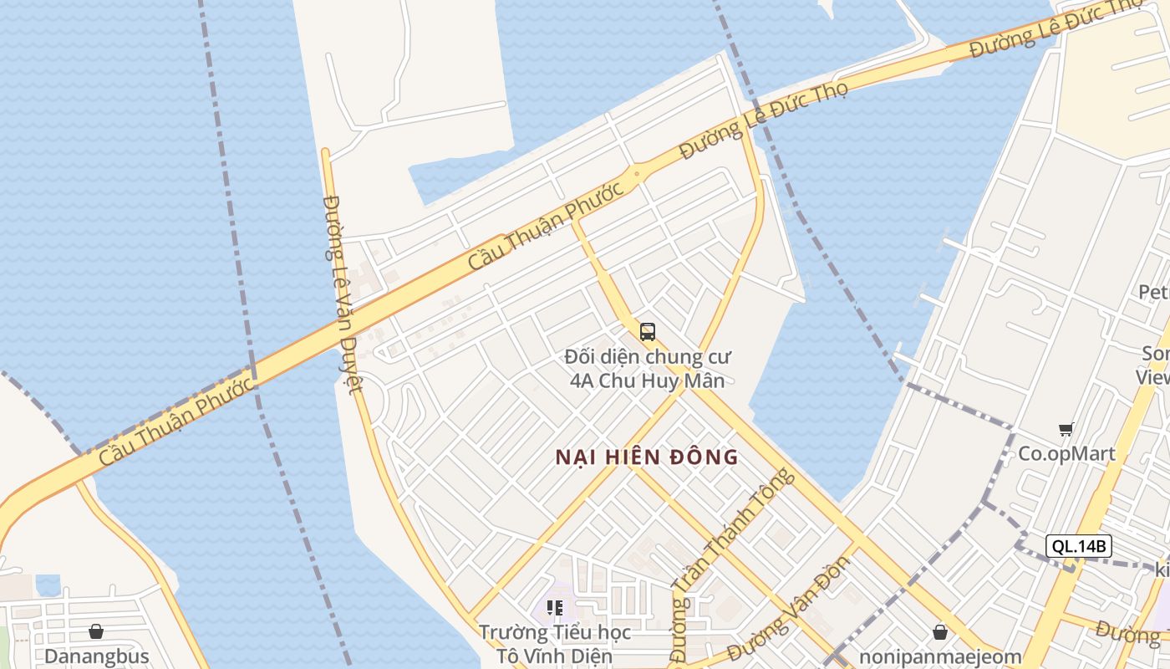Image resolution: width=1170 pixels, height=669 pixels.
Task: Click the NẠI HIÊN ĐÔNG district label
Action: pos(647,457)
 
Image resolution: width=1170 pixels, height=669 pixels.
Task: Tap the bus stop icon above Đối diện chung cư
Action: pos(648,332)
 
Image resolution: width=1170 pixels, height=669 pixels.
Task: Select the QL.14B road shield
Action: pos(1079,546)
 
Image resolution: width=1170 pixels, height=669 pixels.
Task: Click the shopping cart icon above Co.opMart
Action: pos(1066,430)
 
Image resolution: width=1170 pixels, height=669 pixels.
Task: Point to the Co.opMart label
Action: pos(1066,454)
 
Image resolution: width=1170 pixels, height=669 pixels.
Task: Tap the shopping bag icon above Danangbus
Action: pos(96,631)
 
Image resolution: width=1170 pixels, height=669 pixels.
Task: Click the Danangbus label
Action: pos(97,656)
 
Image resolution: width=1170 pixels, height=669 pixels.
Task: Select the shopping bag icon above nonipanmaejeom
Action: pos(940,631)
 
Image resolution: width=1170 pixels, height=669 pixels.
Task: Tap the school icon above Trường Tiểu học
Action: pos(555,608)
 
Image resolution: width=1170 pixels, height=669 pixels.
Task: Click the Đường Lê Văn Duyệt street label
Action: pos(343,293)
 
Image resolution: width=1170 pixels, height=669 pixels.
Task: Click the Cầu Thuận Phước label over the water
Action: pos(176,423)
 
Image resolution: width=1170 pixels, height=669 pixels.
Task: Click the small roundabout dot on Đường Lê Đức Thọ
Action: pos(637,175)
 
